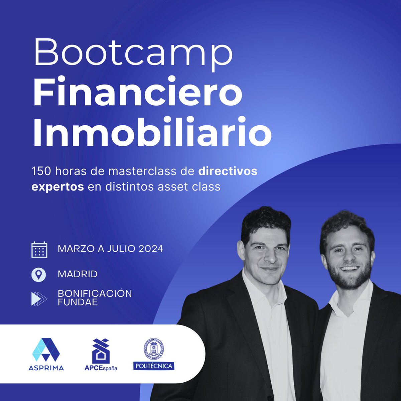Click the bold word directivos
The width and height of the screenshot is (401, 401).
coord(228,171)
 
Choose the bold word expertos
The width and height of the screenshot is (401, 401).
coord(57,186)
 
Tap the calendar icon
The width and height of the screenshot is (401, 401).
coord(39,250)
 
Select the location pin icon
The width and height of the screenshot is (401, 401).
coord(39,275)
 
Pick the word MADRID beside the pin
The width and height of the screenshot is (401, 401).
coord(78,274)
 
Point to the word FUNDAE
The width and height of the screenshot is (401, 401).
coord(78,303)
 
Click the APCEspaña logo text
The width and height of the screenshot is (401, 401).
coord(101,368)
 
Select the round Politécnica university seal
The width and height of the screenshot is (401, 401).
coord(153,349)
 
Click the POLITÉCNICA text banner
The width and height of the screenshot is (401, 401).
coord(154,366)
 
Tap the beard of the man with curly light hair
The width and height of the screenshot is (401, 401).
coord(351,281)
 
